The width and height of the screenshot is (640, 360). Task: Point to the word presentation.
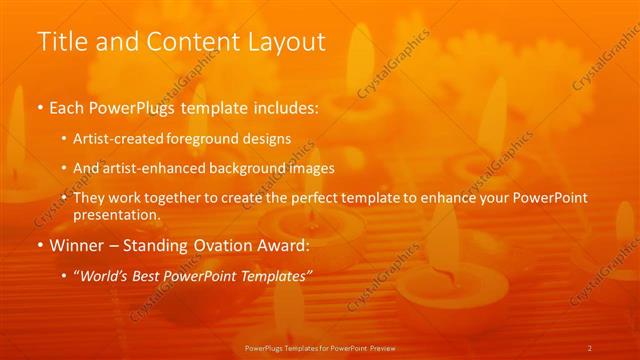117,214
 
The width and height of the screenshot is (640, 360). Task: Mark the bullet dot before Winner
39,245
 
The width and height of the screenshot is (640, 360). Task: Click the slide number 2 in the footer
590,347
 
